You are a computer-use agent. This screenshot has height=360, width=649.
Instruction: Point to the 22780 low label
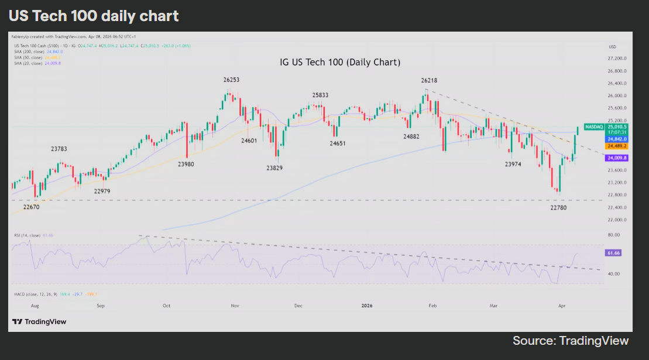(559, 207)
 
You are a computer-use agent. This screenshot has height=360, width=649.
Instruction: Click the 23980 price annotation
(187, 164)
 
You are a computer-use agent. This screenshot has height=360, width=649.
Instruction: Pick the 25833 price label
(320, 94)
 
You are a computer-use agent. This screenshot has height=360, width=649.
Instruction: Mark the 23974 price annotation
(513, 164)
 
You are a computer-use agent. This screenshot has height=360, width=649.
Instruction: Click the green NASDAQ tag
(594, 126)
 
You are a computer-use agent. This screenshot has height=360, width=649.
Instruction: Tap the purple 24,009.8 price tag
(617, 158)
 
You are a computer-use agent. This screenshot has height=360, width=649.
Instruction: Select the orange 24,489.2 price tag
(617, 146)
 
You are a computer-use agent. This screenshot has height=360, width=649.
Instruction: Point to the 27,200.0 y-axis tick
(617, 59)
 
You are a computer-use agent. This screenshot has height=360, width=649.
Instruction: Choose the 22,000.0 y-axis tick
(617, 220)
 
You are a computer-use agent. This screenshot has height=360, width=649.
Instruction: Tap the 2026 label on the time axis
(367, 306)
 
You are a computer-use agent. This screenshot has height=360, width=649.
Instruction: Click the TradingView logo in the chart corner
(39, 321)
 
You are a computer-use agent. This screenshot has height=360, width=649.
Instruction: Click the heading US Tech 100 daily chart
(94, 16)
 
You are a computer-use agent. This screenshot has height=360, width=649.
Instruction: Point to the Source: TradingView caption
(571, 341)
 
